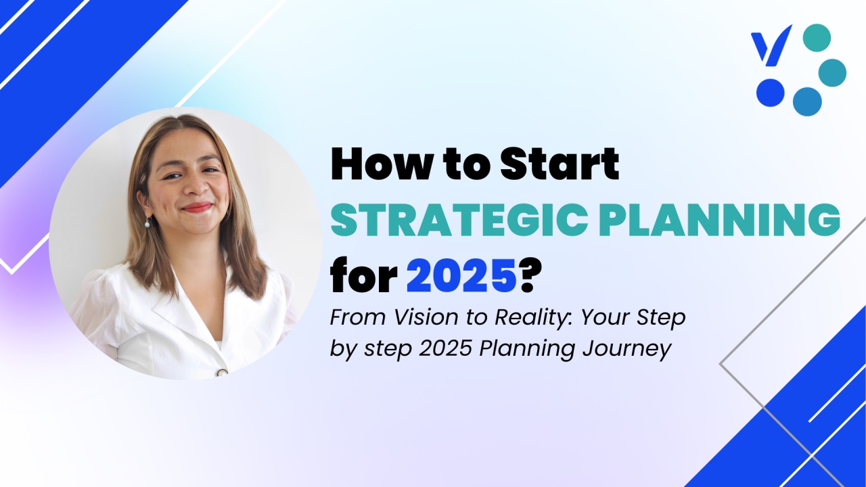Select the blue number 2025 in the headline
pyautogui.click(x=461, y=275)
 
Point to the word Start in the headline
pyautogui.click(x=560, y=164)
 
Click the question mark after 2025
pyautogui.click(x=528, y=275)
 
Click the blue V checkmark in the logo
pyautogui.click(x=771, y=45)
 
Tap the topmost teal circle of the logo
pyautogui.click(x=817, y=37)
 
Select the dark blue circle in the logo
pyautogui.click(x=771, y=93)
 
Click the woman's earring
pyautogui.click(x=147, y=223)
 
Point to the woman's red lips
pyautogui.click(x=197, y=207)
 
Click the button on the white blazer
pyautogui.click(x=223, y=373)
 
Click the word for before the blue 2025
pyautogui.click(x=363, y=275)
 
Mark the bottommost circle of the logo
pyautogui.click(x=807, y=101)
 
